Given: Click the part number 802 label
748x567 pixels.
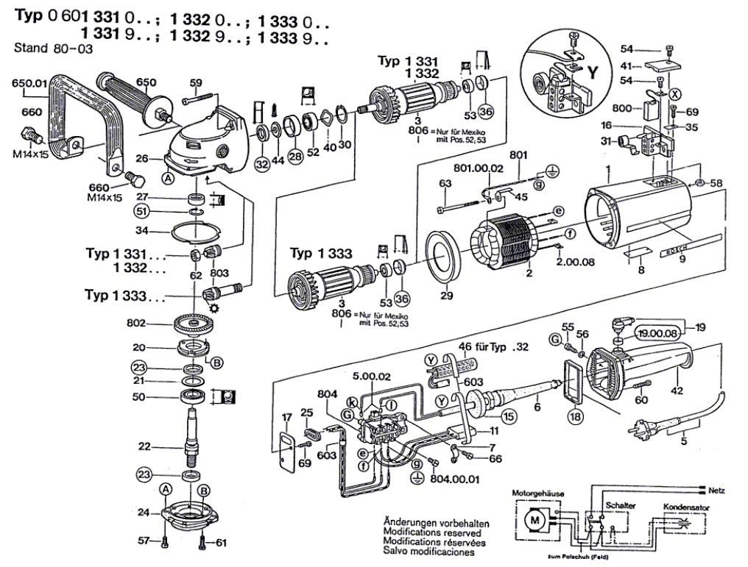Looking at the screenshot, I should coord(136,323).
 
